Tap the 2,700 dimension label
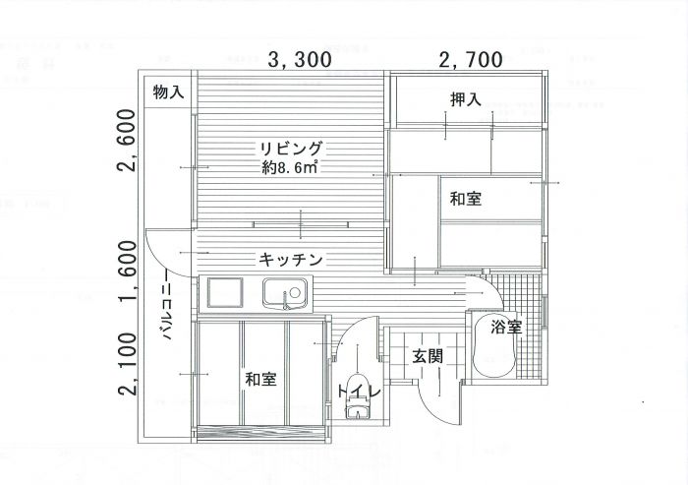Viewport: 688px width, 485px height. (x=471, y=60)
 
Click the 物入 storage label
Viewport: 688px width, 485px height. (x=168, y=92)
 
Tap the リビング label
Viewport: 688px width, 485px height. (x=290, y=150)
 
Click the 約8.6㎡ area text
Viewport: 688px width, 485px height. (x=290, y=168)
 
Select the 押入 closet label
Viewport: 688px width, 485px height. (x=465, y=99)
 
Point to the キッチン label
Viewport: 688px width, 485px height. (x=291, y=259)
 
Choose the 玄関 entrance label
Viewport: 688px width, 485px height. (x=426, y=355)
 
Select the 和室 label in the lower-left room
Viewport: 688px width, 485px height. (x=259, y=378)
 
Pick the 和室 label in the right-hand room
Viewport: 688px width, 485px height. (x=465, y=200)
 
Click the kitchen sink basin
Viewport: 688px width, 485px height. (x=285, y=294)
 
